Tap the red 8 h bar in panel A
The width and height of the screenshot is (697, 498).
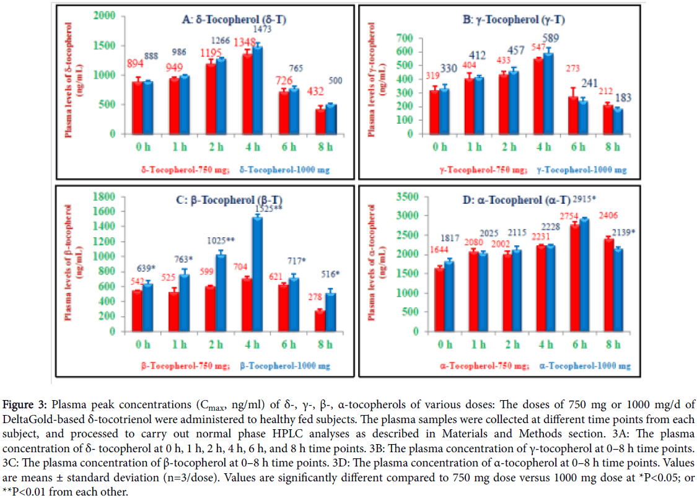(x=268, y=121)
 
